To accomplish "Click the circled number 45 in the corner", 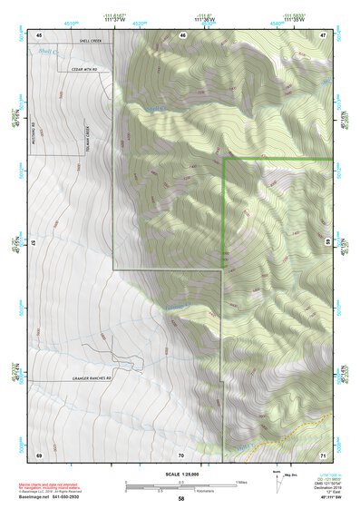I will coord(39,34).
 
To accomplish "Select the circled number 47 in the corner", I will coord(324,34).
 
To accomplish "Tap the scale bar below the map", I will coord(181,484).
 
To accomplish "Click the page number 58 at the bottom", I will coord(181,498).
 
